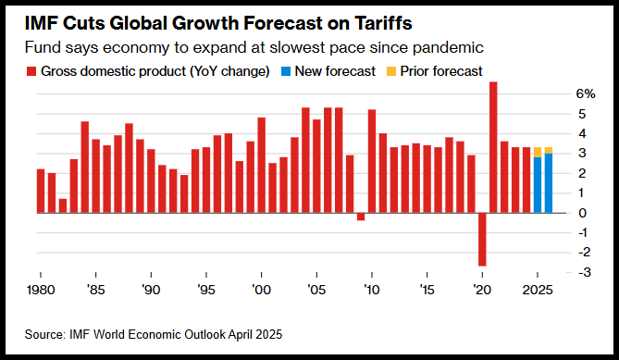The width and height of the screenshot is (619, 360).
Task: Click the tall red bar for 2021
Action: click(493, 147)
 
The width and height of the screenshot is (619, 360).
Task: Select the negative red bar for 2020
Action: click(482, 240)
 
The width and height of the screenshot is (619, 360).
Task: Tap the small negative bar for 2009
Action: click(361, 217)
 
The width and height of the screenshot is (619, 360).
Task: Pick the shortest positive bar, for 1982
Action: click(63, 205)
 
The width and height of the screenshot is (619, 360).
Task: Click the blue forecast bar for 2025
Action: click(538, 185)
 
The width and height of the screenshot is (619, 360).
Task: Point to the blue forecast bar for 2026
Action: click(549, 183)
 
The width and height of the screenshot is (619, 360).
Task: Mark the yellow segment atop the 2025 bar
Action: click(538, 152)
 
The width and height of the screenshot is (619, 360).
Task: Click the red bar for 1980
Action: click(41, 191)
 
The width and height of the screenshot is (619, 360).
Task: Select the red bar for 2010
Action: click(371, 161)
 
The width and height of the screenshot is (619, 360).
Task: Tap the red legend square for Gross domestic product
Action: click(31, 71)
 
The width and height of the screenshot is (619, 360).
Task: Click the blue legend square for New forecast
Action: click(285, 71)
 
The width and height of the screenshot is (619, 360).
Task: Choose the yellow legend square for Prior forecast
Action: click(390, 71)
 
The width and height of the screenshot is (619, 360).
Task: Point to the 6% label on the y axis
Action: click(585, 94)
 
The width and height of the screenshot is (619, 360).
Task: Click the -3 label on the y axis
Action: click(584, 272)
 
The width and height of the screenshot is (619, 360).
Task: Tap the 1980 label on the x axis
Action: click(41, 291)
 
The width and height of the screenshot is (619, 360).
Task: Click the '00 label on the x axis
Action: click(261, 291)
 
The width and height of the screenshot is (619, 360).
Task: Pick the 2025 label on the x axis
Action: click(538, 291)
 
